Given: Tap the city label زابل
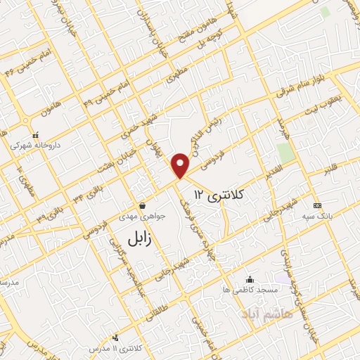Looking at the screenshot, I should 131,238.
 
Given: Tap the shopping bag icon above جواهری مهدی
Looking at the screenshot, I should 143,206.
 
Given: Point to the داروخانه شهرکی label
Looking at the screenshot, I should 35,146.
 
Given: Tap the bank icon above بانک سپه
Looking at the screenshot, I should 317,205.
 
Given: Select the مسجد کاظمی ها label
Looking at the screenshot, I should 250,289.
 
